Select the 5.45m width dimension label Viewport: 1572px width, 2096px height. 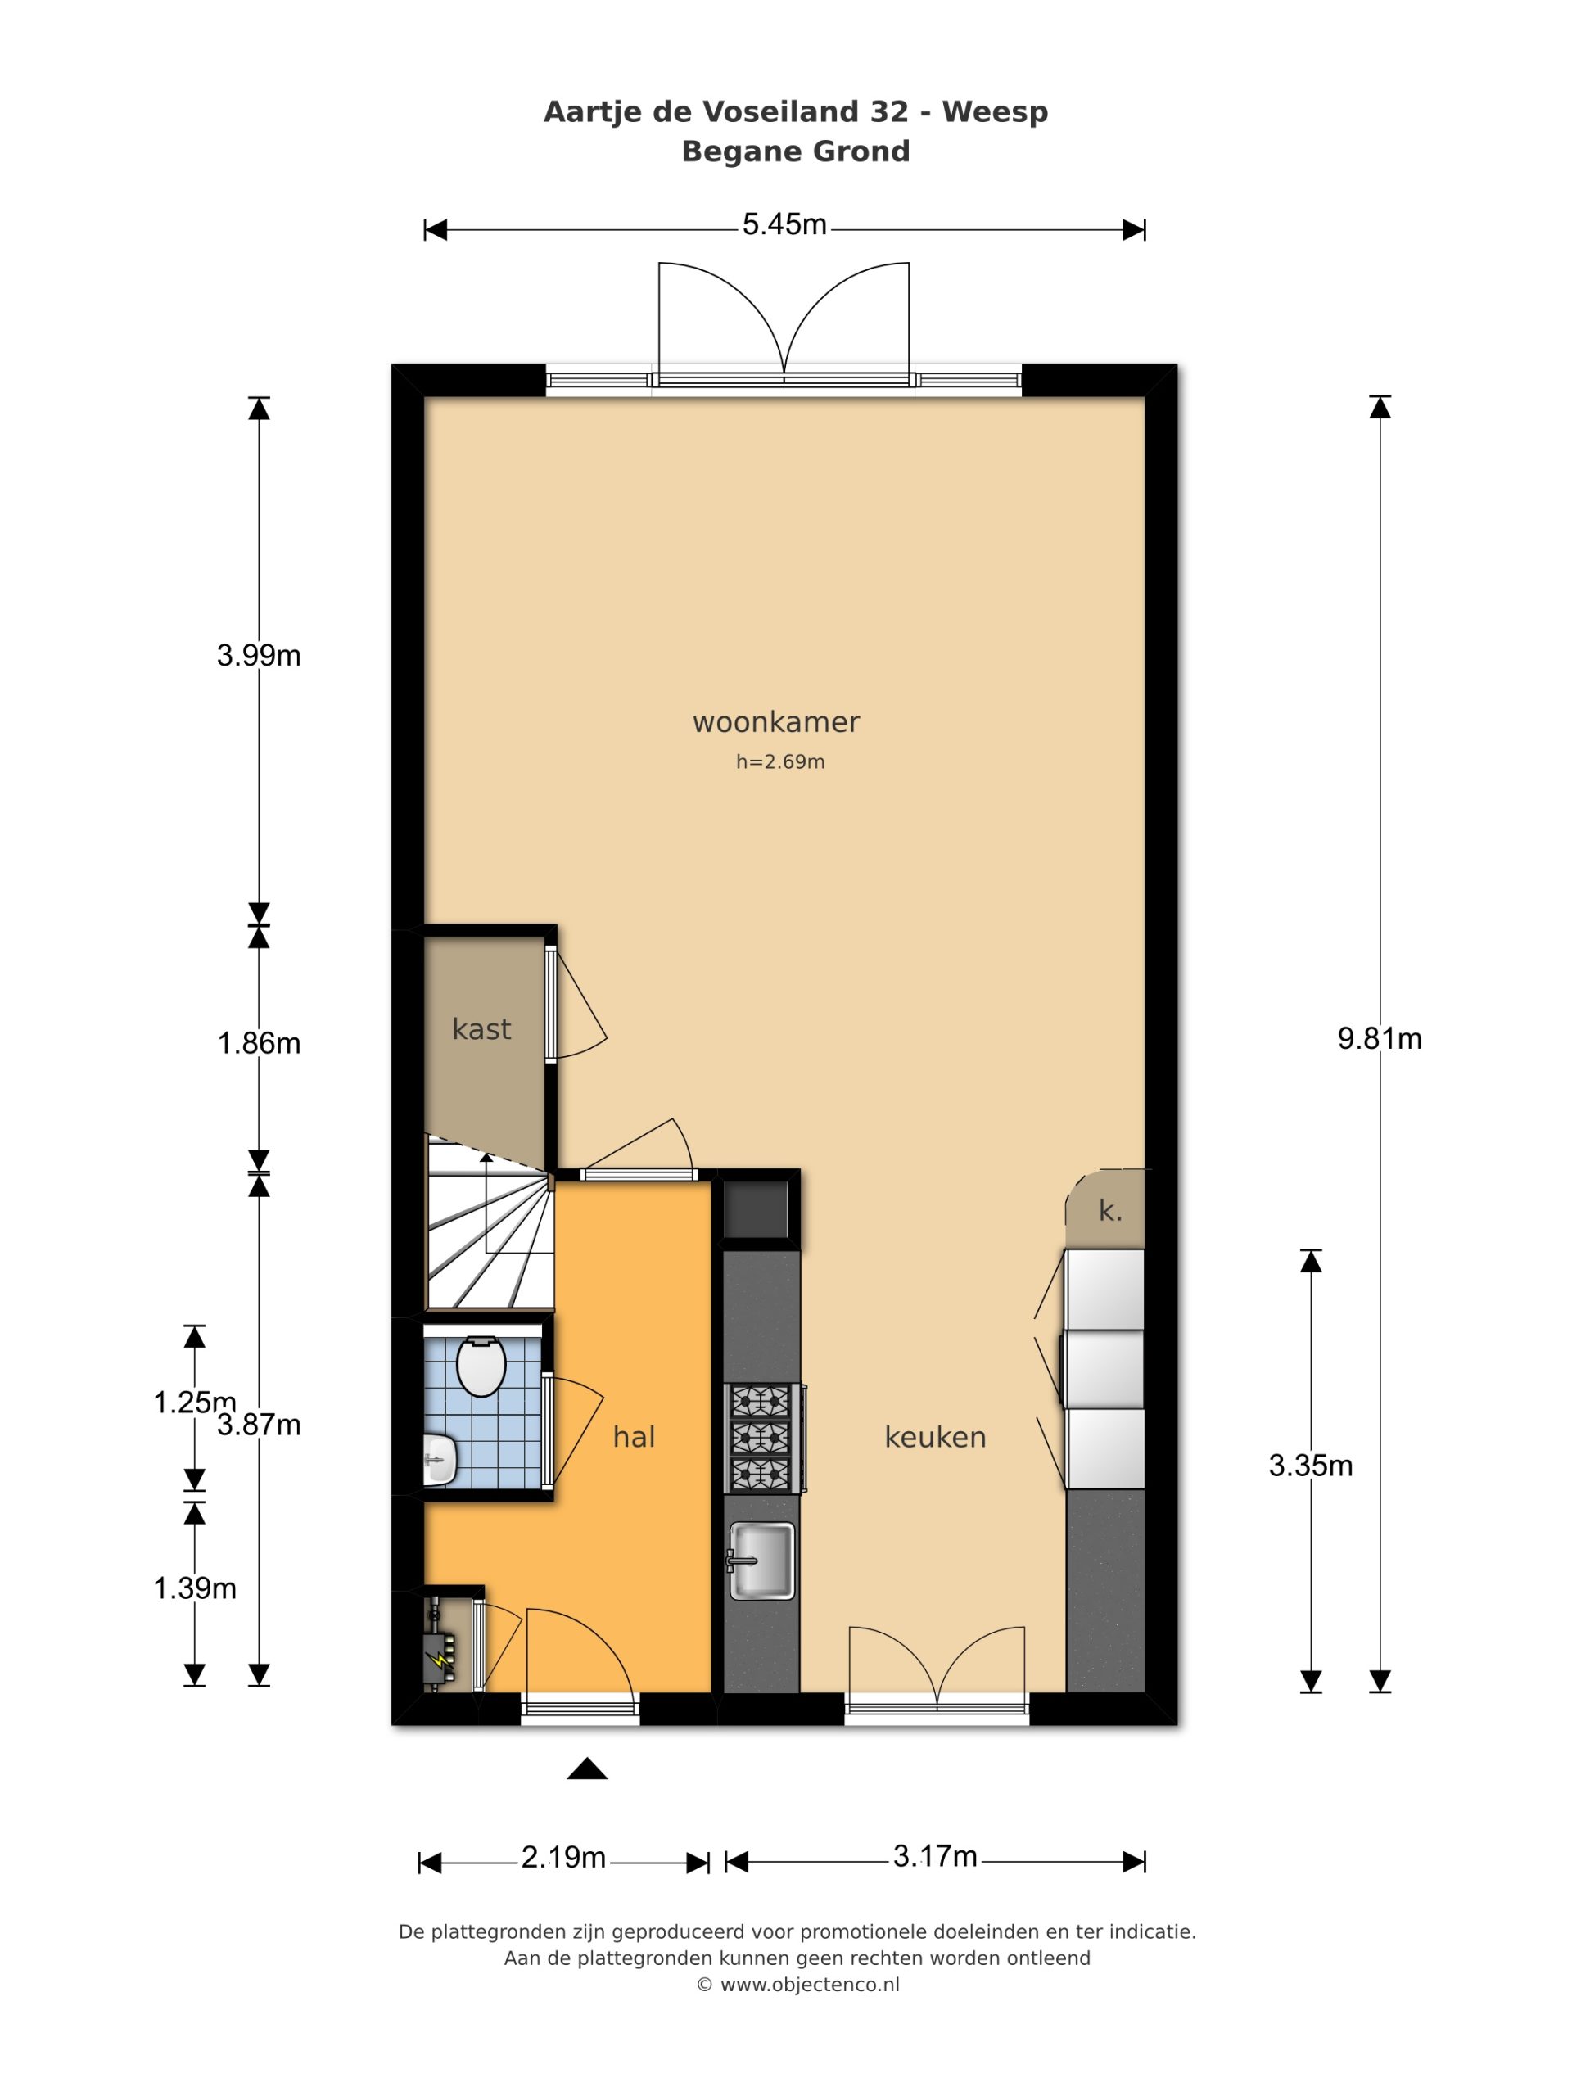784,225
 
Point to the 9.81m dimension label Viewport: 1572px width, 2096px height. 1380,1038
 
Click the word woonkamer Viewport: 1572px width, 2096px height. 776,722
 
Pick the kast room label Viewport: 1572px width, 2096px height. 481,1029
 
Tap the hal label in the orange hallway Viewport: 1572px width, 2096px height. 634,1438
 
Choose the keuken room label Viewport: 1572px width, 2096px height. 935,1438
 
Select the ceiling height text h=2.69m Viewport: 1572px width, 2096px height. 779,761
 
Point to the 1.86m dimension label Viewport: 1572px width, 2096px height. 259,1043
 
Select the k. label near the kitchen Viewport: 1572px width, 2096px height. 1109,1211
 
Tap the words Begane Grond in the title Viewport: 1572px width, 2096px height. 796,151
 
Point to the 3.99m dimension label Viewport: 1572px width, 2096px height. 259,655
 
